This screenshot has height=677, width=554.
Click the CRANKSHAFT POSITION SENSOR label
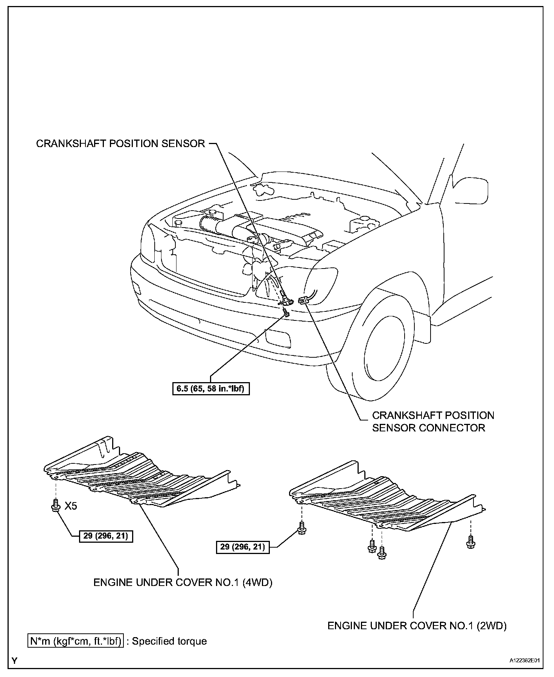click(x=120, y=143)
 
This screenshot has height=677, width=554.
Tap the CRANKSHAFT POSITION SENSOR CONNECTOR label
click(x=433, y=421)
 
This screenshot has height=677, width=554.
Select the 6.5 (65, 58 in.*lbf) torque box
click(x=210, y=389)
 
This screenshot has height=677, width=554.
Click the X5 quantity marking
click(x=70, y=506)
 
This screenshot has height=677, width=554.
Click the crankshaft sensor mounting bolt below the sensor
click(x=286, y=312)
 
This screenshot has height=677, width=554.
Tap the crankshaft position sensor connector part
click(x=303, y=300)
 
